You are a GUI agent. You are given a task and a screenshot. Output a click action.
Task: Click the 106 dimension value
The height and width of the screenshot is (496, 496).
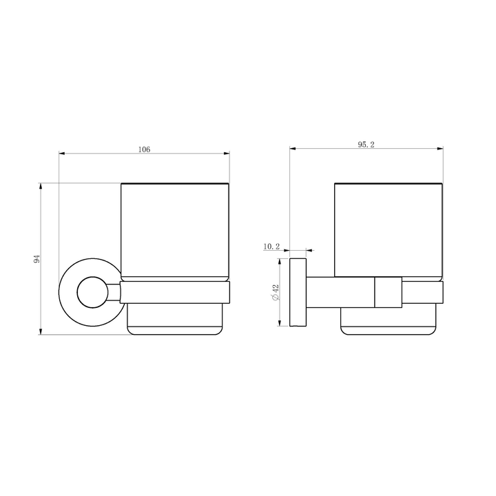point(144,149)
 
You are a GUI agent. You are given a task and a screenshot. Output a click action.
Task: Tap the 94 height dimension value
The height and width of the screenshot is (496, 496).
point(37,259)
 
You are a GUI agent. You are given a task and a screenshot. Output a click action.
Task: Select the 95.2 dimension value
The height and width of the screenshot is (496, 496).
point(366,145)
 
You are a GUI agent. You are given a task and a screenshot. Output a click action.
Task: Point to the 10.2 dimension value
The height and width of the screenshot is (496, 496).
point(271,247)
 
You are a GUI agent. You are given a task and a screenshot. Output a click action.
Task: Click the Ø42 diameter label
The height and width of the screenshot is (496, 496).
point(276,292)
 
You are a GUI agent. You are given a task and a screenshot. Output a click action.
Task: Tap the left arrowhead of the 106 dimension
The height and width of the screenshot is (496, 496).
point(62,154)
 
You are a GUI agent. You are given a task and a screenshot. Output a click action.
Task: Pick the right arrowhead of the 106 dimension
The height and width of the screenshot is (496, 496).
point(227,154)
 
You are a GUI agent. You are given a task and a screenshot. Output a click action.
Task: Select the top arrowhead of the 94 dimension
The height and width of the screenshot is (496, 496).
point(41,186)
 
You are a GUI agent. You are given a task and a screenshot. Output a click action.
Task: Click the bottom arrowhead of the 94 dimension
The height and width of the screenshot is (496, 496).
point(41,331)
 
